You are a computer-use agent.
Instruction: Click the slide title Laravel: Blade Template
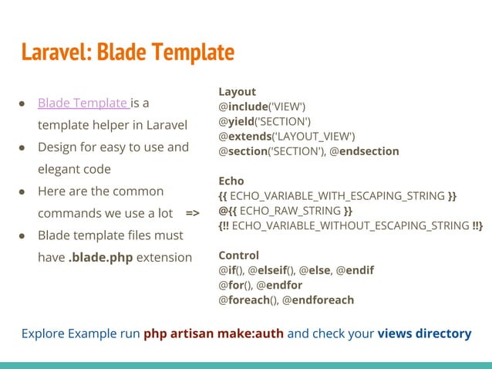tap(127, 52)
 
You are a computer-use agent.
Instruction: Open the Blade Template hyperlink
tap(83, 103)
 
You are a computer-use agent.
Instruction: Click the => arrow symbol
tap(193, 212)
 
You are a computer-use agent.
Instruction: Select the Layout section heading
tap(238, 91)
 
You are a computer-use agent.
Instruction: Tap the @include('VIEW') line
tap(262, 106)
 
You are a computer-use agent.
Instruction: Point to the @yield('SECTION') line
tap(265, 121)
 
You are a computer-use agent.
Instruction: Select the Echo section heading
tap(232, 181)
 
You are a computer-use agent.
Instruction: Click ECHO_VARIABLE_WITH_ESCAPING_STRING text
tap(338, 196)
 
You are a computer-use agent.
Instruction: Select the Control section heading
tap(239, 255)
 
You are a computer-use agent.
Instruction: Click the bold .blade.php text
tap(100, 257)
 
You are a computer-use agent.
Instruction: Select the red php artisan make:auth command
tap(214, 333)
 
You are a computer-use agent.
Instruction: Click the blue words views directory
tap(424, 333)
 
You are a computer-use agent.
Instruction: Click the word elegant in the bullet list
tap(61, 168)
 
